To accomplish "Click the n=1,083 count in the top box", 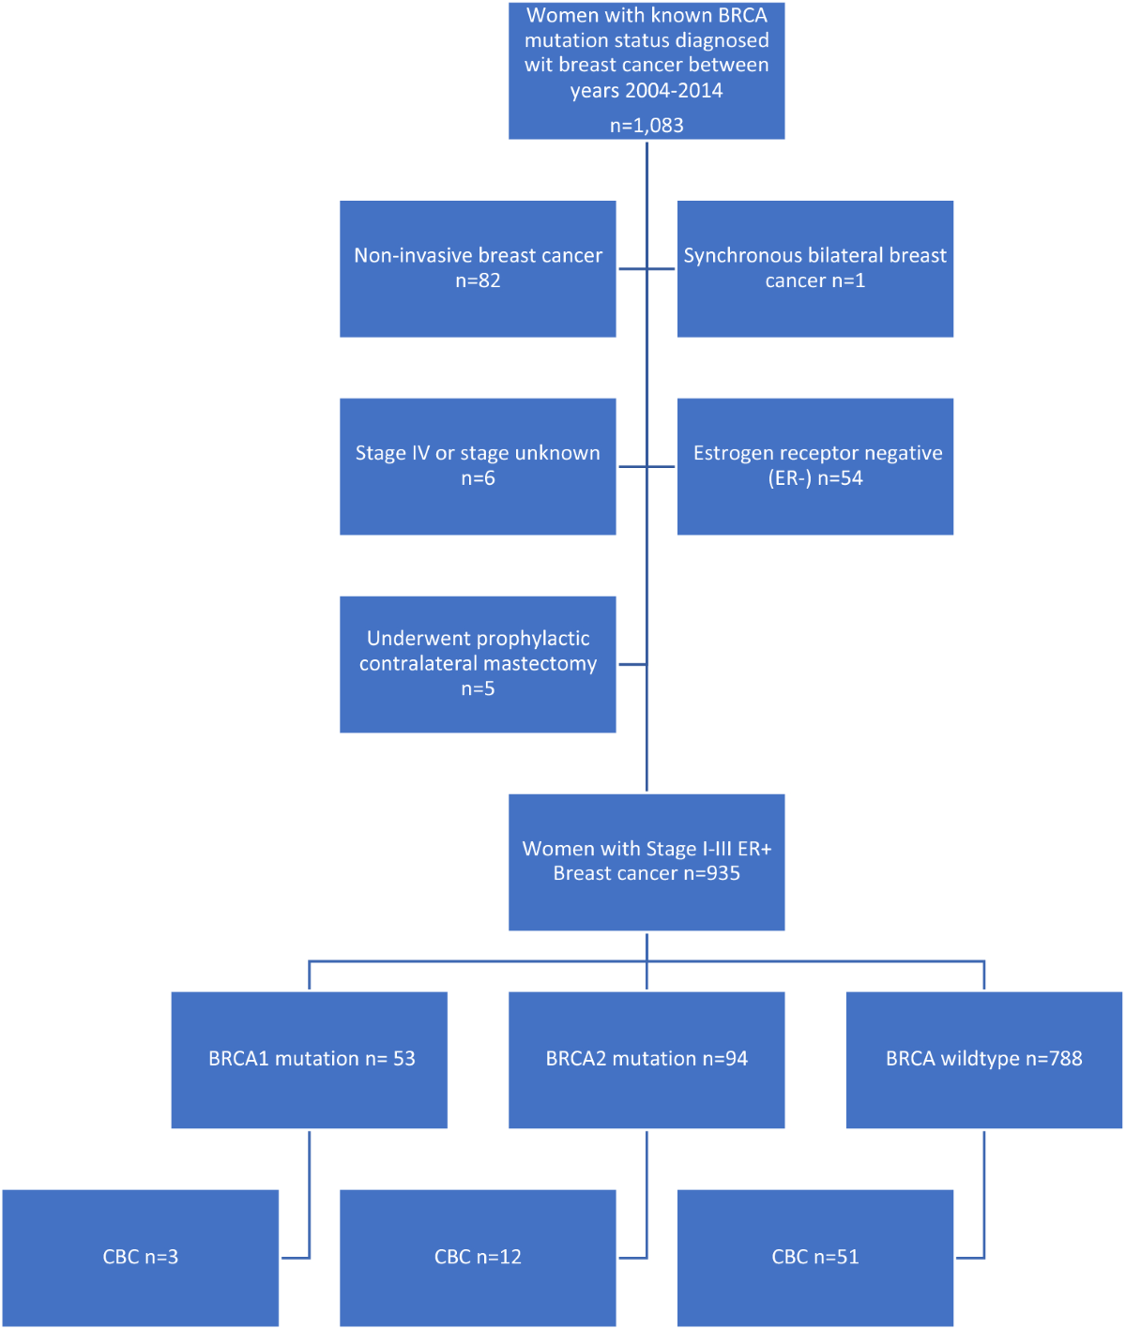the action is [x=646, y=126].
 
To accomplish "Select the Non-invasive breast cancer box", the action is [x=478, y=269].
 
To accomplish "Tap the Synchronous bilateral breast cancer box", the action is [x=814, y=269].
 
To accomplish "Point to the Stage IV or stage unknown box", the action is [x=478, y=466].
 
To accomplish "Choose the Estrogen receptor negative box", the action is [x=814, y=466].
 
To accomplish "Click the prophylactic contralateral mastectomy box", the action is [x=478, y=664].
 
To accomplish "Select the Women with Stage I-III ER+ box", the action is [x=646, y=862].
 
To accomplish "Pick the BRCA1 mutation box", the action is [x=309, y=1060].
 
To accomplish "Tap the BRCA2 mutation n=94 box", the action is [x=646, y=1060].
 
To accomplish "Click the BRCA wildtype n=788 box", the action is [x=983, y=1060].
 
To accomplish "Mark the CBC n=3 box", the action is [x=140, y=1258].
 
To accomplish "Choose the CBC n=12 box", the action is [x=478, y=1258].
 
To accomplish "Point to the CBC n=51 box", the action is [x=814, y=1258].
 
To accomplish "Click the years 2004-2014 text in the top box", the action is [x=646, y=90].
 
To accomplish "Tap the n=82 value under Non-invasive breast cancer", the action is [x=478, y=280].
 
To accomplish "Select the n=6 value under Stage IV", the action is [x=478, y=478].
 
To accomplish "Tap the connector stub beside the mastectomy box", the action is [x=631, y=664].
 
